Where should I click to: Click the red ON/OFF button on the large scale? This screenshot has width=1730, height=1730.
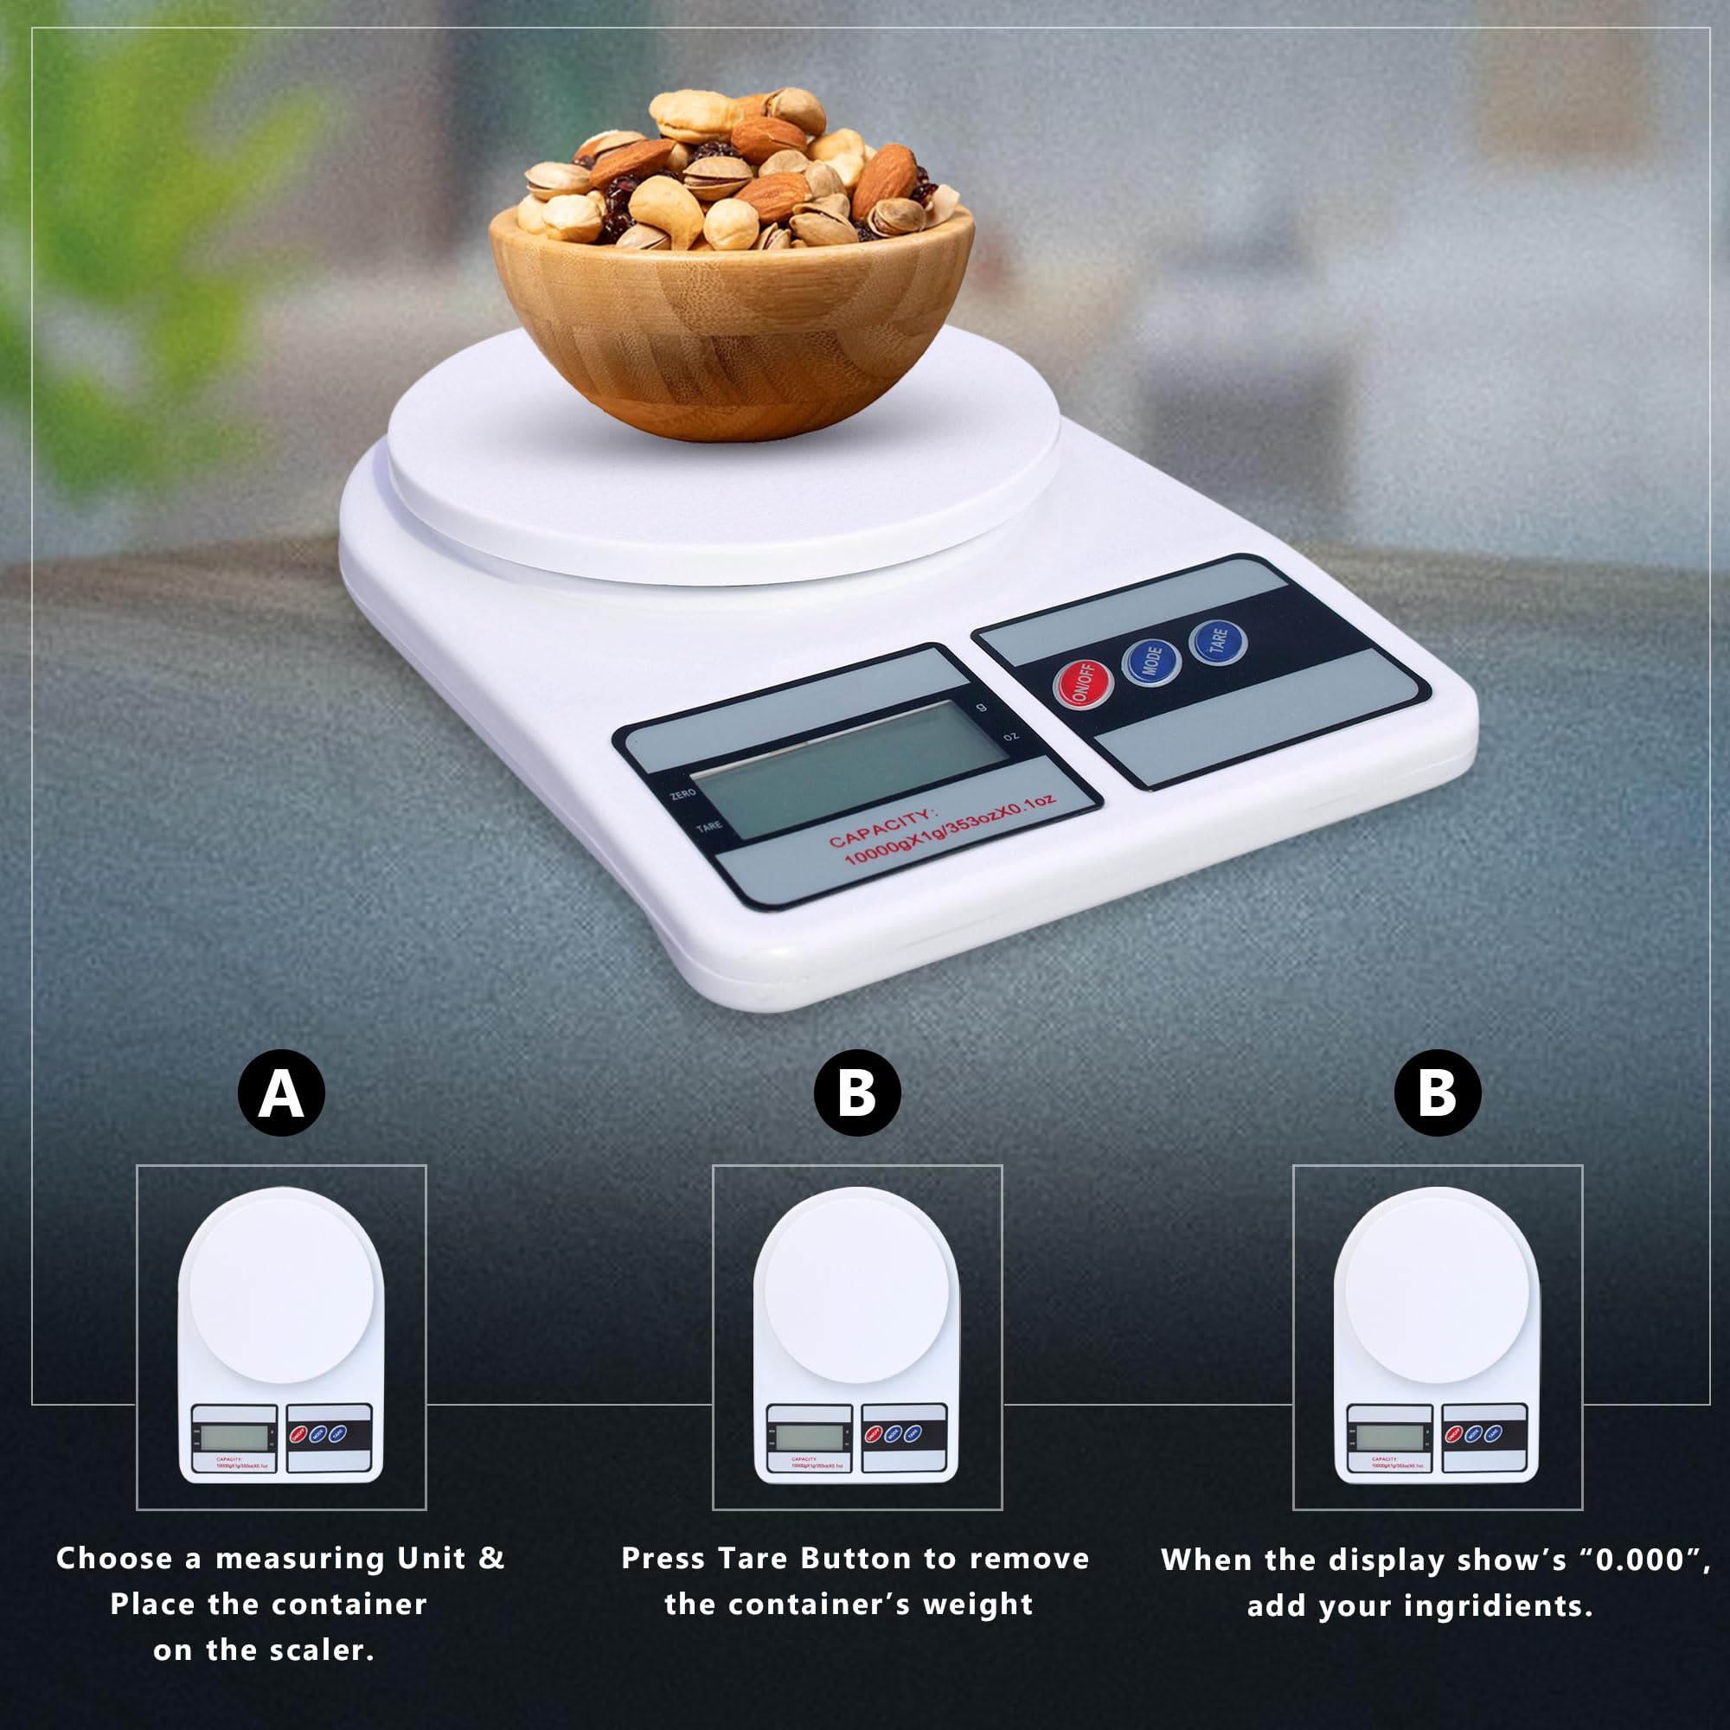coord(1083,683)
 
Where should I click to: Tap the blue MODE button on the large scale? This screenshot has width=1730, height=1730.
coord(1150,662)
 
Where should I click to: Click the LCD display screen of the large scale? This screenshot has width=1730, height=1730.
coord(849,768)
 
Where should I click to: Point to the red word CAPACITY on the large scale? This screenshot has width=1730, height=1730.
coord(881,828)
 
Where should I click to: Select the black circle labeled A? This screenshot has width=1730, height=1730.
coord(281,1093)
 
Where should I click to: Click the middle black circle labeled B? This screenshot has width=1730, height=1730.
coord(857,1093)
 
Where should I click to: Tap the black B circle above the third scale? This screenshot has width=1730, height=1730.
coord(1437,1093)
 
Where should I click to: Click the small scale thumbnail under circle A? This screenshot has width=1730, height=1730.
coord(281,1337)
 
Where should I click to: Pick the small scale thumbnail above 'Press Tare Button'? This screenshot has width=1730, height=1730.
coord(857,1337)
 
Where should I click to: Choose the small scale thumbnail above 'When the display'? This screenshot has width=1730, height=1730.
coord(1437,1337)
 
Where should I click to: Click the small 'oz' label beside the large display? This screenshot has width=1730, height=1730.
coord(1011,736)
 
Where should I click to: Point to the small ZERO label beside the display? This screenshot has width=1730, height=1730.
coord(683,794)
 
